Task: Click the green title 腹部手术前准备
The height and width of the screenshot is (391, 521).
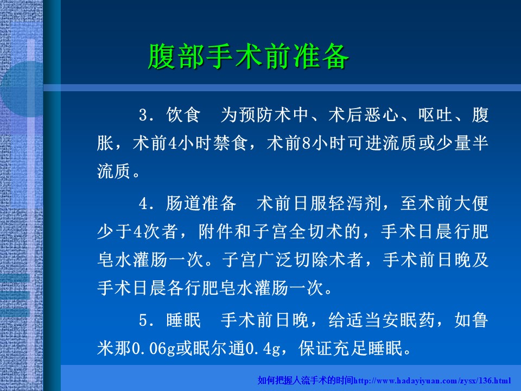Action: pyautogui.click(x=248, y=56)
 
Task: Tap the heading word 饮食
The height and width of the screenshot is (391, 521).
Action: pyautogui.click(x=183, y=115)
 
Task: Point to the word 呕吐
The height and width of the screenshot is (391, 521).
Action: pyautogui.click(x=436, y=115)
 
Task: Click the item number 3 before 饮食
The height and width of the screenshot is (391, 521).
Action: pyautogui.click(x=143, y=116)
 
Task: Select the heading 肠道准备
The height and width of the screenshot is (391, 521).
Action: pyautogui.click(x=201, y=203)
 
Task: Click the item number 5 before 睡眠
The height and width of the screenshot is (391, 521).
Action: pyautogui.click(x=143, y=321)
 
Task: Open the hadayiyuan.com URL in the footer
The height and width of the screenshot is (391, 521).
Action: pyautogui.click(x=433, y=380)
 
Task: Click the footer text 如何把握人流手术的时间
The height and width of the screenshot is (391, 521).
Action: pyautogui.click(x=306, y=380)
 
